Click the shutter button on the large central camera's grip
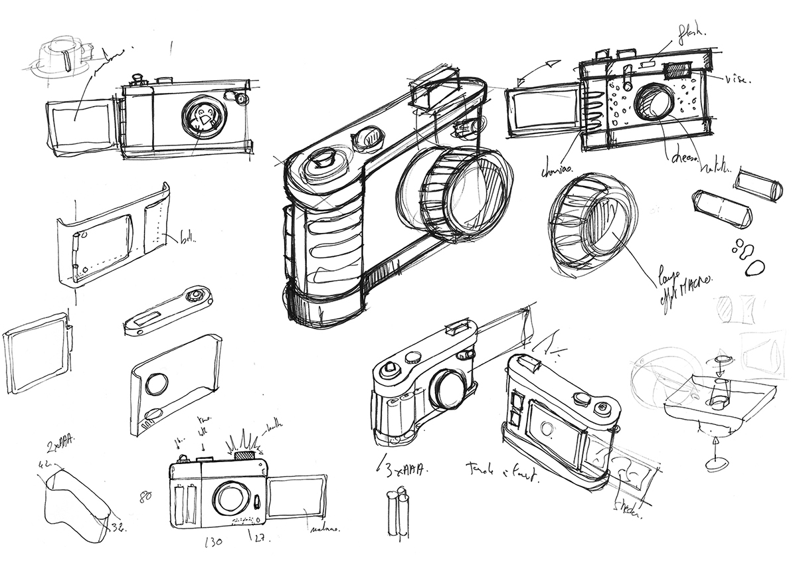pyautogui.click(x=325, y=159)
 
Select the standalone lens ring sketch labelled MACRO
pyautogui.click(x=588, y=225)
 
